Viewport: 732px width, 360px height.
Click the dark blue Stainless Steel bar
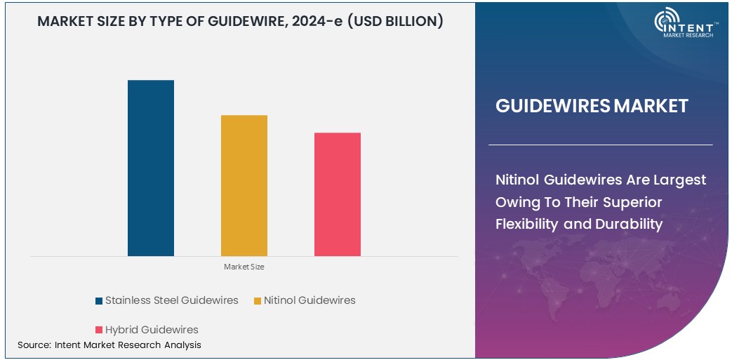[150, 168]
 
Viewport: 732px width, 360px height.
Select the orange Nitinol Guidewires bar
[244, 185]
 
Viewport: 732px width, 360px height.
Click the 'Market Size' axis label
[244, 267]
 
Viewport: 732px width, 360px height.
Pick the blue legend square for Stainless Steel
[99, 301]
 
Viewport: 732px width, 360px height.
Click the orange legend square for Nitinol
[258, 301]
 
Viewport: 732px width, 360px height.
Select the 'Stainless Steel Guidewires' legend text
[171, 300]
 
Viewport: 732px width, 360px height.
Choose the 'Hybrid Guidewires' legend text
[152, 330]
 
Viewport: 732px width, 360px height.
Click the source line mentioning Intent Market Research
[109, 345]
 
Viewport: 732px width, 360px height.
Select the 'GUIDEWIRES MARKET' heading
[592, 107]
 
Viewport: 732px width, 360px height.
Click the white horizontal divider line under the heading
[600, 145]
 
